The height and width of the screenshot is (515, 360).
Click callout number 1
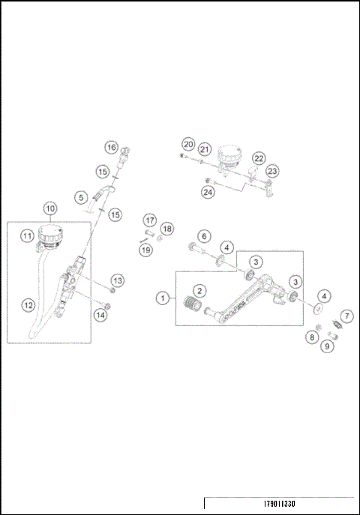162,298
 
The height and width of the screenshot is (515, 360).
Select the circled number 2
199,290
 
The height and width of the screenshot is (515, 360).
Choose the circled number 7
347,316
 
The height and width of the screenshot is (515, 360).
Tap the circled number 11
27,236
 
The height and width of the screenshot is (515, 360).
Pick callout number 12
28,305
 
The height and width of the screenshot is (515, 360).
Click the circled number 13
118,280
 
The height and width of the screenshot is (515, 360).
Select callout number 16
111,148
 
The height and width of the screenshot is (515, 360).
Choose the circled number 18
167,228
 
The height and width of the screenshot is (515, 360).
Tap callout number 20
188,144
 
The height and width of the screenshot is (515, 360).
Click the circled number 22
259,158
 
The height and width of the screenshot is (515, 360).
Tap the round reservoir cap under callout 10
52,232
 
